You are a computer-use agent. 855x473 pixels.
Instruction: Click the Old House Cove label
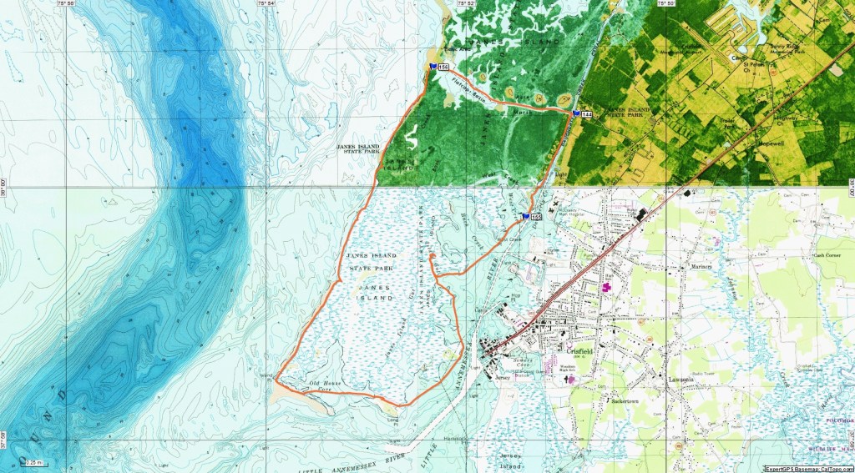point(326,385)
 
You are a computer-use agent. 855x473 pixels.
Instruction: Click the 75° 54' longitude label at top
point(266,5)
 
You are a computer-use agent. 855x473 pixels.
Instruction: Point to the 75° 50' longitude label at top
point(665,5)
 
